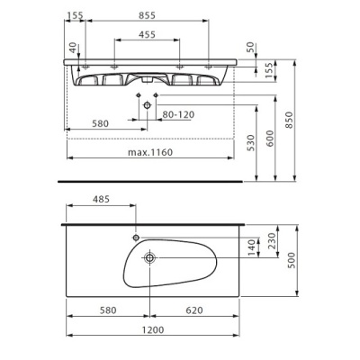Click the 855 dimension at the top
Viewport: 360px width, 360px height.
pyautogui.click(x=147, y=15)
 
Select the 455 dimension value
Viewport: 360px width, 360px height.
pyautogui.click(x=147, y=35)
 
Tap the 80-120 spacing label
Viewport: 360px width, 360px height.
pyautogui.click(x=178, y=114)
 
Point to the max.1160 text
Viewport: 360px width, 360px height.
pyautogui.click(x=150, y=152)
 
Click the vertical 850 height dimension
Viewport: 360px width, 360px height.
pyautogui.click(x=289, y=120)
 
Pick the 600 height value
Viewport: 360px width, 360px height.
pyautogui.click(x=270, y=139)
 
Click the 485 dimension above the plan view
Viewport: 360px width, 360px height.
pyautogui.click(x=101, y=199)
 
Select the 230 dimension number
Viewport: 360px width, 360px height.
pyautogui.click(x=271, y=241)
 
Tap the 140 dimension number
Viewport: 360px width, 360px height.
pyautogui.click(x=252, y=247)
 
